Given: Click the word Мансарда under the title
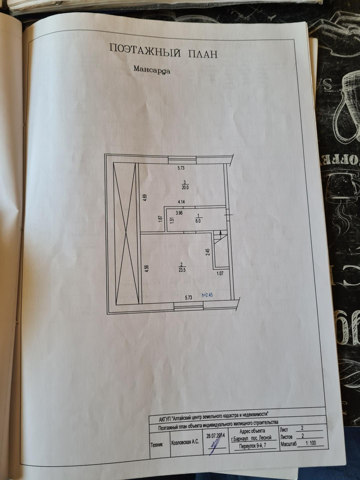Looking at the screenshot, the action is [152, 70].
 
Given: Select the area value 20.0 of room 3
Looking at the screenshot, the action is [185, 187].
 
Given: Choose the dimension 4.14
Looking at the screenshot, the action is [181, 202].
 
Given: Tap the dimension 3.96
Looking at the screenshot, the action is [179, 213].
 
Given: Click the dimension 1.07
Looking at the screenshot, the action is [220, 274].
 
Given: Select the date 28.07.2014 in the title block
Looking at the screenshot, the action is [216, 435].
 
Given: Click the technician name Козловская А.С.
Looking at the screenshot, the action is [185, 442].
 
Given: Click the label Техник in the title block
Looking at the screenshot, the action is [157, 445].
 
